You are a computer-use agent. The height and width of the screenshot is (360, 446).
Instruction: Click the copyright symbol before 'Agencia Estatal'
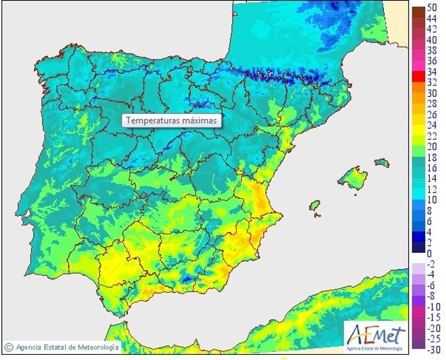[x=8, y=347]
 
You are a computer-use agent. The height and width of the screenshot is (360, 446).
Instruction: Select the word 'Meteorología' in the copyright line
[x=97, y=347]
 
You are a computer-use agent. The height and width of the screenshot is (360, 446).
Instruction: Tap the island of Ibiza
[x=315, y=206]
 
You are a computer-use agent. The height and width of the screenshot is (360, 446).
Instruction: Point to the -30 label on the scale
[x=434, y=350]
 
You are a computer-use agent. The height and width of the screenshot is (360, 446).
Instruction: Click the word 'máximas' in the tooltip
[x=201, y=120]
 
